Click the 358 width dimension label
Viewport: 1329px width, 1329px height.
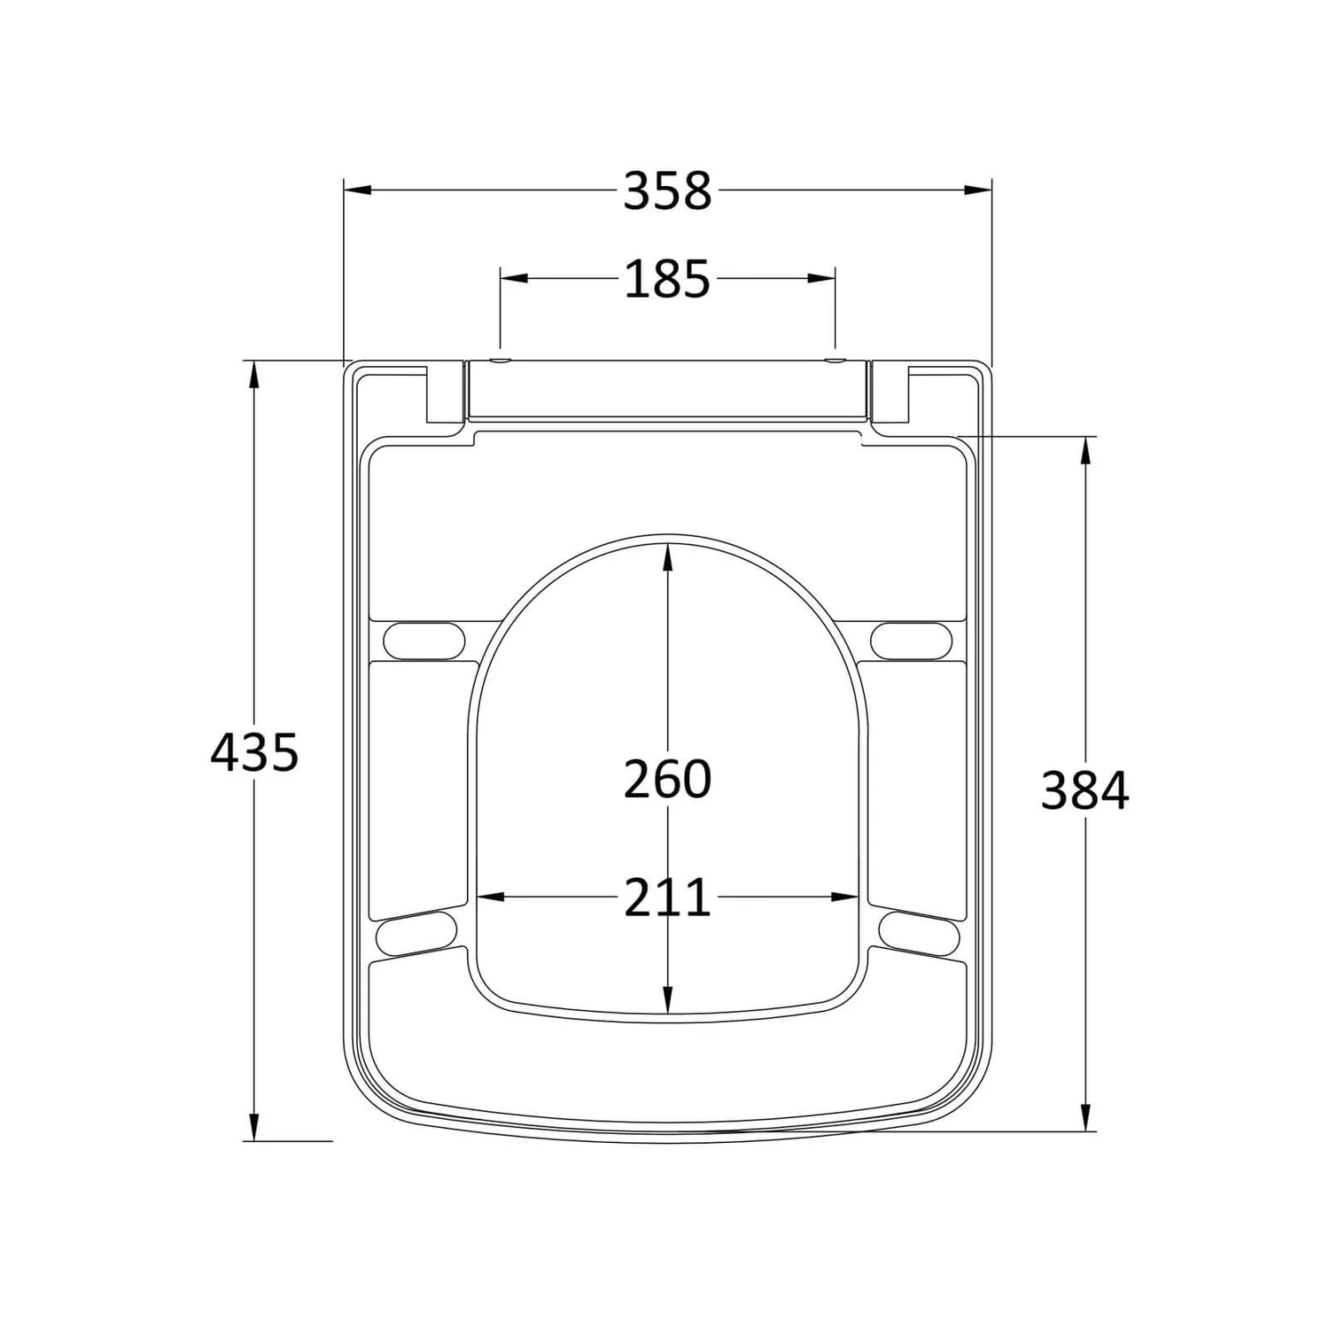667,191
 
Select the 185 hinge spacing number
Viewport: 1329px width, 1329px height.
667,279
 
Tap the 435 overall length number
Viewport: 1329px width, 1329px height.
254,753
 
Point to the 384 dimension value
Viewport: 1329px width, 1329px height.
1084,791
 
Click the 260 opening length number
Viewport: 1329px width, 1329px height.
667,780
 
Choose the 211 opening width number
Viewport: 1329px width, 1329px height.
667,898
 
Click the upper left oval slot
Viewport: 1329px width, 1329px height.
424,640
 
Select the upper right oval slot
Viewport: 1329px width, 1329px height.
911,640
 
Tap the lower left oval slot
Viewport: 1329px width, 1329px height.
416,933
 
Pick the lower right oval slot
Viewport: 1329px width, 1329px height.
920,933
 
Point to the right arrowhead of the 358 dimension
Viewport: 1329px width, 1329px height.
979,190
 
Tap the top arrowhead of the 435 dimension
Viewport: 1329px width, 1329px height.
254,374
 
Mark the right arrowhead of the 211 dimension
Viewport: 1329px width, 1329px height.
845,898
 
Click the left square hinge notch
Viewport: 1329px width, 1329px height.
446,394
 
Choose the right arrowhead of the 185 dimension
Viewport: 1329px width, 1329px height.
822,278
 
